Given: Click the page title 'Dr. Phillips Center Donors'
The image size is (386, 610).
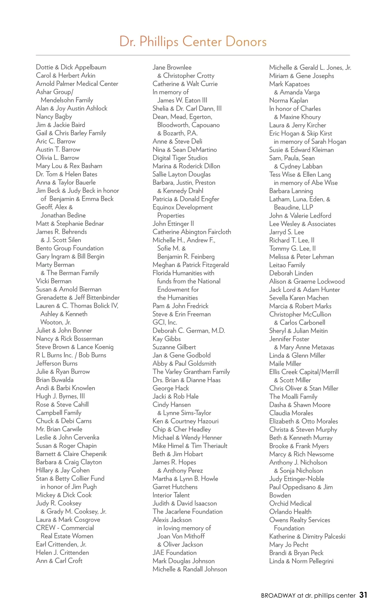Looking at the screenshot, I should click(193, 42).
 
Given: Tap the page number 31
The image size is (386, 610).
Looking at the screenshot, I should click(363, 595).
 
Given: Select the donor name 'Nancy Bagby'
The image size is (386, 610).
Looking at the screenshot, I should click(54, 117).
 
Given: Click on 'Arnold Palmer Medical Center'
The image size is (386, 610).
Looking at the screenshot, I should click(77, 84).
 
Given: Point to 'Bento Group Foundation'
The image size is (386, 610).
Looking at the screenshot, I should click(70, 248).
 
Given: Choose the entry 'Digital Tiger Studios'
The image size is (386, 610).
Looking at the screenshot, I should click(180, 158).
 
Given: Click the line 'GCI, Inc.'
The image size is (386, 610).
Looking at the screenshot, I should click(165, 322).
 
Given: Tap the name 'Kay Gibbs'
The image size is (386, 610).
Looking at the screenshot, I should click(167, 339).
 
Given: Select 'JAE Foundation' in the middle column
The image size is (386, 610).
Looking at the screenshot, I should click(175, 552).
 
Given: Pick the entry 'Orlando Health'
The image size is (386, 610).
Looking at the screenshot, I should click(290, 512).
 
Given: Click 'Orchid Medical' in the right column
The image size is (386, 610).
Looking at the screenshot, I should click(290, 503).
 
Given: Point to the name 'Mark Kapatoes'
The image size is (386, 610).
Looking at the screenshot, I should click(289, 84).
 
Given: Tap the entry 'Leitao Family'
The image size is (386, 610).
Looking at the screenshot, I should click(287, 265).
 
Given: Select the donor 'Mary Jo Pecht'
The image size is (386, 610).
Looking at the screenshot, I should click(289, 544).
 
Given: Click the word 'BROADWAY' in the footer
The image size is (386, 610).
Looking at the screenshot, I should click(278, 596).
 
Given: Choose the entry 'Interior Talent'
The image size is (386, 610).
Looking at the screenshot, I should click(171, 495).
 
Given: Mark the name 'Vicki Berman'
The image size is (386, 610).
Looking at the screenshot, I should click(54, 281).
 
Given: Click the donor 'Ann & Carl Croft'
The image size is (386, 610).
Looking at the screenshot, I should click(59, 561).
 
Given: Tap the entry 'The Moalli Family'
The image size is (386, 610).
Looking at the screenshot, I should click(293, 397).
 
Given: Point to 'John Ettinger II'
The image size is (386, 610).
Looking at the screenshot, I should click(173, 224).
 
